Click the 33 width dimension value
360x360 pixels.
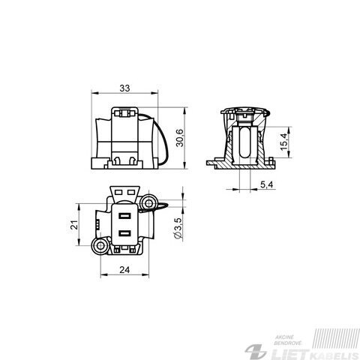(x=124, y=88)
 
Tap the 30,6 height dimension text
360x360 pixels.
(x=180, y=138)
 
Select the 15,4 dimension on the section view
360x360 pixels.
(x=284, y=142)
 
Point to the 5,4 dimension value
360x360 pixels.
(x=266, y=184)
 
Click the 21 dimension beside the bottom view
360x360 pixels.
(x=74, y=225)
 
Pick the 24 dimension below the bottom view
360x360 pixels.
(x=124, y=270)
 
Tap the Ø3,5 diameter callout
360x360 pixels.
(x=178, y=228)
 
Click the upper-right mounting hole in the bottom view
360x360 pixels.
(x=148, y=203)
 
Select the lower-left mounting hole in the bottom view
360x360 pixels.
(x=100, y=245)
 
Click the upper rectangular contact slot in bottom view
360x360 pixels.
(x=124, y=215)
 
